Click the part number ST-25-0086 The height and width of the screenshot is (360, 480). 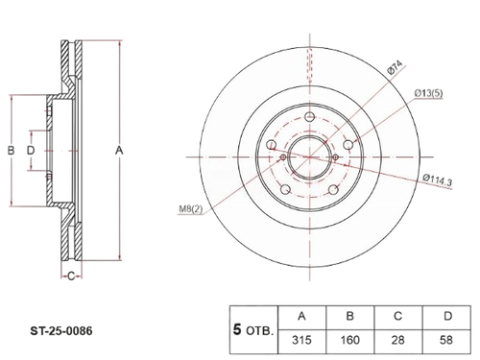[x=61, y=330]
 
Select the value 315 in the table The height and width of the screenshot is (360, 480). [x=301, y=340]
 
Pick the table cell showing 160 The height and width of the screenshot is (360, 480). [x=349, y=340]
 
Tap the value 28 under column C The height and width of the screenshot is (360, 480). [x=397, y=340]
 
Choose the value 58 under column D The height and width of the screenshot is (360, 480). [x=446, y=340]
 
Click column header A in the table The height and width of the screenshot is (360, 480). [x=301, y=316]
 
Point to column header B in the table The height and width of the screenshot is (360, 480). [x=350, y=316]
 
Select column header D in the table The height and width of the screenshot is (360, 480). [x=447, y=316]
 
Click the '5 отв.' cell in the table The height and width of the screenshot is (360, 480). [x=253, y=330]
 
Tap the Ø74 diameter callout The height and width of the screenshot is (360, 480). [x=395, y=67]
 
